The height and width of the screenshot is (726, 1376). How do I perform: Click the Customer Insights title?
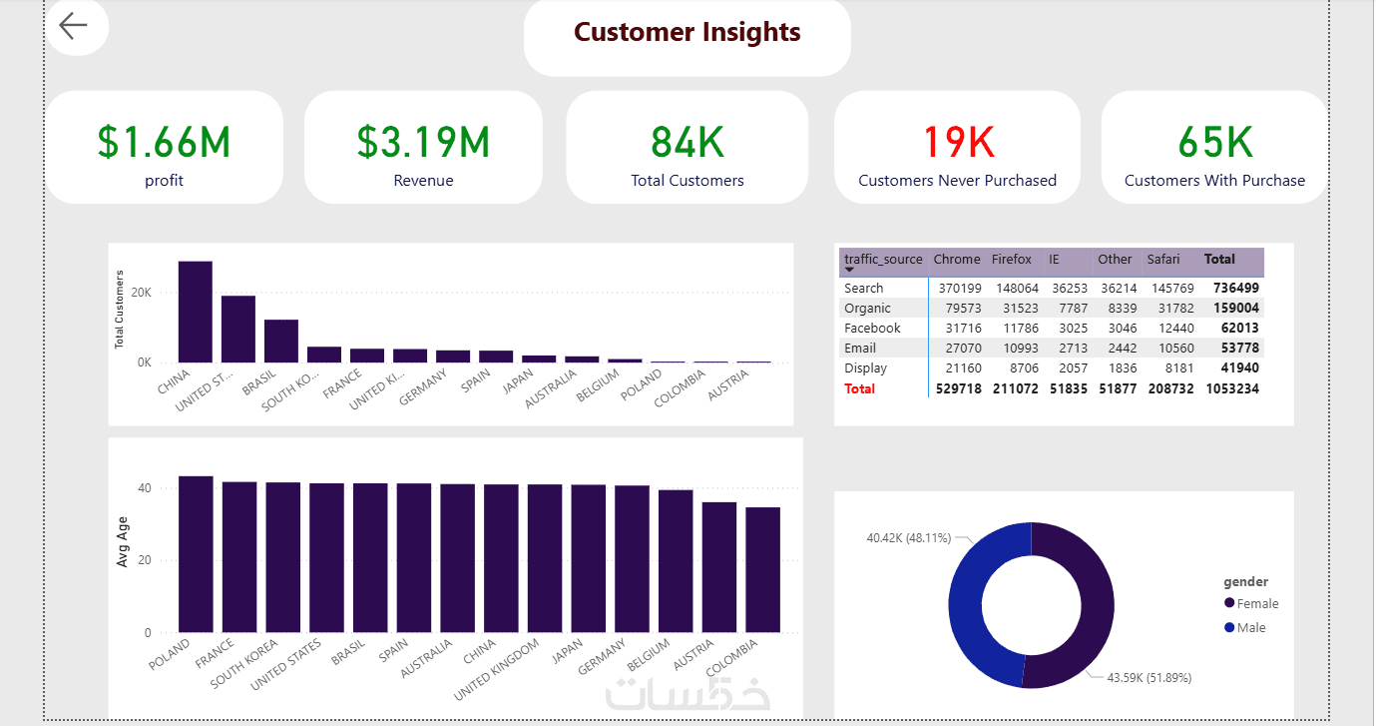pos(687,32)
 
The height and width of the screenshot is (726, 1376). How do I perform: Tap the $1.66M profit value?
pos(164,142)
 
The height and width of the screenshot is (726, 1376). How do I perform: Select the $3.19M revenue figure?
pos(423,142)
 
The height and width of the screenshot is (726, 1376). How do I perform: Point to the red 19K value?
pos(958,142)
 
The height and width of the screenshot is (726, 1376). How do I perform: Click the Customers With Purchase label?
pos(1214,180)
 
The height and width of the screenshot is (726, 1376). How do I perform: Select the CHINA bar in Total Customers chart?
pos(196,312)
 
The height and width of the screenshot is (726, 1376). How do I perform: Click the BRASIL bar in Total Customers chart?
pos(281,342)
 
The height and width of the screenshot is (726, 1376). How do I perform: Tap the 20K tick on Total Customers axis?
pos(142,293)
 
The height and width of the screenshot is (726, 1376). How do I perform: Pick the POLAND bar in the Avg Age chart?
pos(196,554)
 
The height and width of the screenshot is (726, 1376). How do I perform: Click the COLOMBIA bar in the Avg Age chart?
pos(763,570)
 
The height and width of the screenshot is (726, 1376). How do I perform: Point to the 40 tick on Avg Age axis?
pos(145,488)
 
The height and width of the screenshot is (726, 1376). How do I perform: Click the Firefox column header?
pos(1011,260)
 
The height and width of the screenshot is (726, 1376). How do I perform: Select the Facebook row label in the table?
pos(872,329)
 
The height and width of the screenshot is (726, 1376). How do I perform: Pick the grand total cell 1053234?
pos(1232,389)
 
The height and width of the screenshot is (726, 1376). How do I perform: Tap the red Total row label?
pos(859,389)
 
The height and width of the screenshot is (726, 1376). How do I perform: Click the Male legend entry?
pos(1245,628)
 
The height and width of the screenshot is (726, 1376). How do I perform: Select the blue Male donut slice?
pos(966,605)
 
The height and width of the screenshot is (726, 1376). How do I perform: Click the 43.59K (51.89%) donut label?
pos(1148,677)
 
